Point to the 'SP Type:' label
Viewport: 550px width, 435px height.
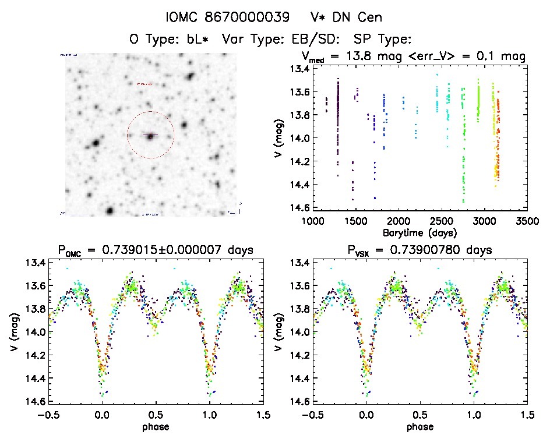383,40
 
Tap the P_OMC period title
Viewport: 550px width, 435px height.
156,250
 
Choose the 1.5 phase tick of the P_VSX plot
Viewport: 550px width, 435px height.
527,415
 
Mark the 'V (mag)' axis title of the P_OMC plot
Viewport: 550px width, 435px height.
13,332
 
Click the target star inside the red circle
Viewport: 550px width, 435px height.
150,136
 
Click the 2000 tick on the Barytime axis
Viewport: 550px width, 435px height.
399,221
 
